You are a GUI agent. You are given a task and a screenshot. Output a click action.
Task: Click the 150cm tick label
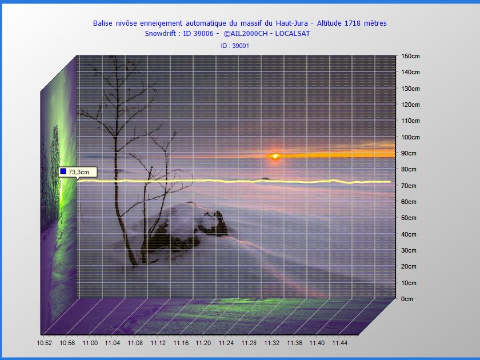[x=410, y=57]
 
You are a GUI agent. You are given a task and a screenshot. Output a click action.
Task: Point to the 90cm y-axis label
[x=409, y=153]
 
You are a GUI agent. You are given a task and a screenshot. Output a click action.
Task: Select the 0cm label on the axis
[x=407, y=299]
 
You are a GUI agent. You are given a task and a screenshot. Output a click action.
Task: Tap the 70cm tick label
[x=409, y=186]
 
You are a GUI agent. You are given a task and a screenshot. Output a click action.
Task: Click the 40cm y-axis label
[x=409, y=234]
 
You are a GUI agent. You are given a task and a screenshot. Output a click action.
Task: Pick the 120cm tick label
[x=410, y=105]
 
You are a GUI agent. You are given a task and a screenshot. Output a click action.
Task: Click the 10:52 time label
[x=45, y=343]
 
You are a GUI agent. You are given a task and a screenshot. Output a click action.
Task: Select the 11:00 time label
[x=90, y=343]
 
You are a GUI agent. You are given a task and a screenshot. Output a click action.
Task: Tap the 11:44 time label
[x=340, y=343]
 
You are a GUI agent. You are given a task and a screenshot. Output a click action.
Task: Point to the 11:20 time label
[x=203, y=343]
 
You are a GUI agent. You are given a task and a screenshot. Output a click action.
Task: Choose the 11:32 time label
[x=271, y=343]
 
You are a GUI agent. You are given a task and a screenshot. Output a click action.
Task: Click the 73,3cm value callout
[x=78, y=172]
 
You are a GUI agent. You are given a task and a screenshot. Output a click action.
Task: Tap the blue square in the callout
[x=63, y=171]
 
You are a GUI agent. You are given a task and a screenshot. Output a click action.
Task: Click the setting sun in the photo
[x=275, y=157]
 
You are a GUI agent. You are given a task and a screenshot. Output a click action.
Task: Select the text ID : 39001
[x=235, y=46]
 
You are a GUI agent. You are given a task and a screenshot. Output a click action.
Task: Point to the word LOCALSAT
[x=293, y=34]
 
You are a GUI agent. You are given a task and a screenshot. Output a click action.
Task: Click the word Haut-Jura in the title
[x=292, y=23]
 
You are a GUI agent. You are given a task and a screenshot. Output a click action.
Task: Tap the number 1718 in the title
[x=353, y=23]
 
